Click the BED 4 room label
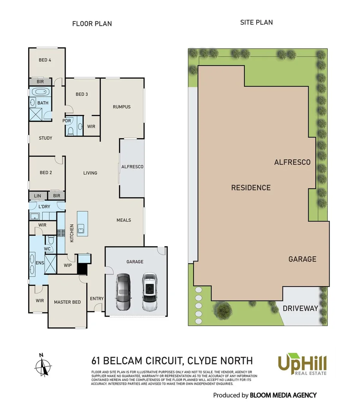coord(45,60)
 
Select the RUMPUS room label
coord(122,107)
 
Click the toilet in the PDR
coord(70,131)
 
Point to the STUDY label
coord(46,138)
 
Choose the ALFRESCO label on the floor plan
coord(132,167)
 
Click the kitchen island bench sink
coord(81,228)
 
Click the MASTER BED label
coord(67,302)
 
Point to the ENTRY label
coord(97,298)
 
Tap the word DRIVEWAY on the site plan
coord(300,308)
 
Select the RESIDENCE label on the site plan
coord(251,188)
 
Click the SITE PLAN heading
coord(256,22)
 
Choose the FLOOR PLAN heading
coord(92,24)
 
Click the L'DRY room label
coord(44,207)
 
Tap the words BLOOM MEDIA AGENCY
coord(283,395)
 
